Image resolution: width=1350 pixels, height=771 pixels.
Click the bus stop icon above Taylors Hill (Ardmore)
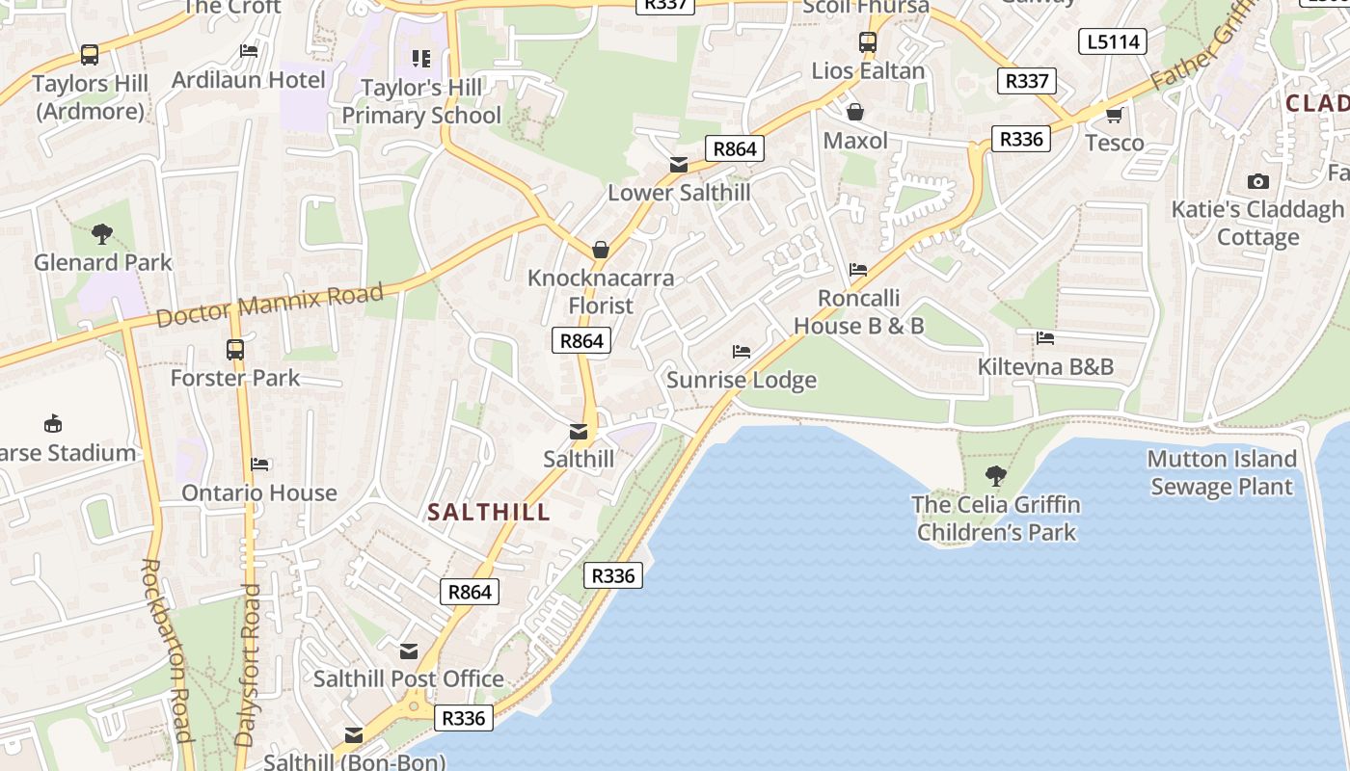click(90, 54)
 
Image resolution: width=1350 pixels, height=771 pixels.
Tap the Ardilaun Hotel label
click(248, 79)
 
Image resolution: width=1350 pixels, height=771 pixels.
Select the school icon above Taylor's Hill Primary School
click(420, 59)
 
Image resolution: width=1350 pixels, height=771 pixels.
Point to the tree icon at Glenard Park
click(101, 233)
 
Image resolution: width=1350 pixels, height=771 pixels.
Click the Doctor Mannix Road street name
click(269, 304)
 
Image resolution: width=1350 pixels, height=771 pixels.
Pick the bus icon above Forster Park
click(235, 349)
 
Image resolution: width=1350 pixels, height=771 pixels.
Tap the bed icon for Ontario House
click(259, 465)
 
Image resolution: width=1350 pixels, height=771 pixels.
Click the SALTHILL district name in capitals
click(489, 513)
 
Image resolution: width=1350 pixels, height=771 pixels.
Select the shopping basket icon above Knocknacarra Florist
click(601, 250)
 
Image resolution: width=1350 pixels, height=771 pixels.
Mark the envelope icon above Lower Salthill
click(679, 165)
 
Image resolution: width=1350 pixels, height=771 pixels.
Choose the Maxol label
click(855, 141)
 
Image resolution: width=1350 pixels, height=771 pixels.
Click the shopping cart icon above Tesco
click(1114, 115)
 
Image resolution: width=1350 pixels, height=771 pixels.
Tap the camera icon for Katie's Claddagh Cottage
click(1257, 181)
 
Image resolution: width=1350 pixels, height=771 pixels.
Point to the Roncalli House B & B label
click(858, 312)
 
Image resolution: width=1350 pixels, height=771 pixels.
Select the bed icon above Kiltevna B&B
click(1044, 338)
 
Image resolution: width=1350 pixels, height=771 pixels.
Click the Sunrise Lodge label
click(742, 380)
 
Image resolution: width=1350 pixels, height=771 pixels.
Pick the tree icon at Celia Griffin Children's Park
click(996, 475)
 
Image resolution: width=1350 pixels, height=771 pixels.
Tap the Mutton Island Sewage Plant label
click(1221, 472)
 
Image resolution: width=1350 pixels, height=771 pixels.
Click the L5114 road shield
click(1113, 41)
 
